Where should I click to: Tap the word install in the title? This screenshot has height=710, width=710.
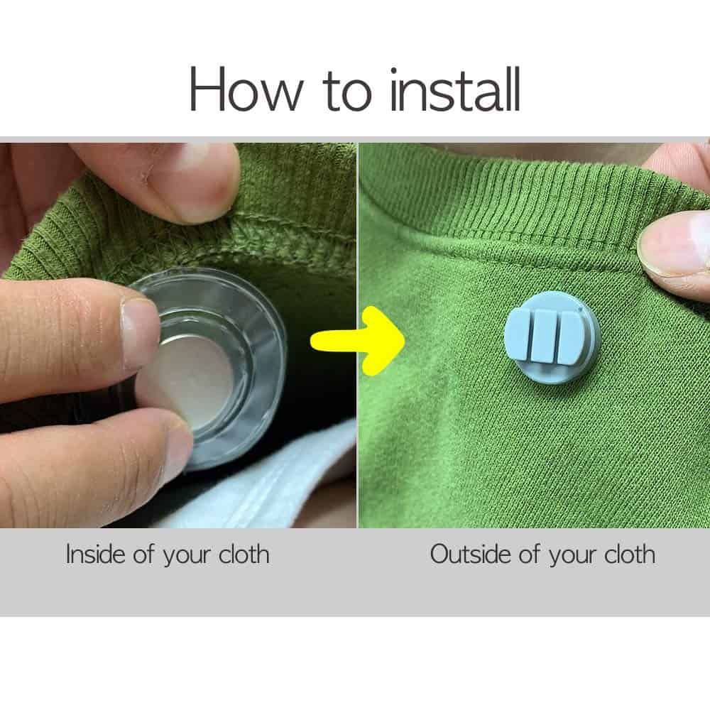click(456, 89)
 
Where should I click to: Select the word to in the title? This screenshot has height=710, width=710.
click(347, 92)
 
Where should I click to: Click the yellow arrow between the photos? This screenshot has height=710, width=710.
click(357, 341)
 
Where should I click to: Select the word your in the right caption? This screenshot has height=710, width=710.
click(573, 556)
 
